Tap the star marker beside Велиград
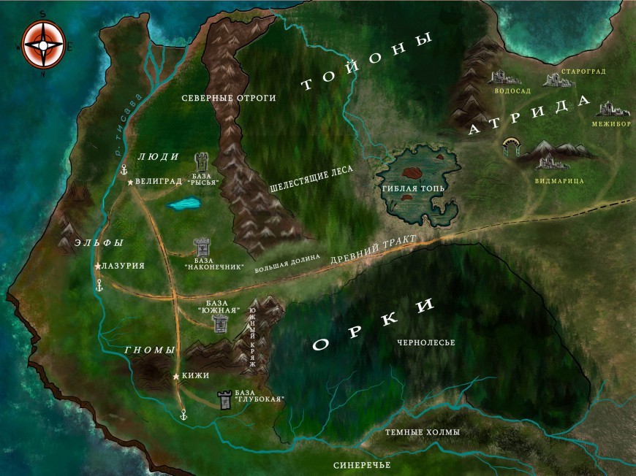130,182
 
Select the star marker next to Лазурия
97,266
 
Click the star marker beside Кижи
176,376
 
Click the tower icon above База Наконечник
200,247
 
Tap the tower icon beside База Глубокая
225,399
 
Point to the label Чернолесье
426,342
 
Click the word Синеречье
362,465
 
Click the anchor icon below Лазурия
99,286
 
